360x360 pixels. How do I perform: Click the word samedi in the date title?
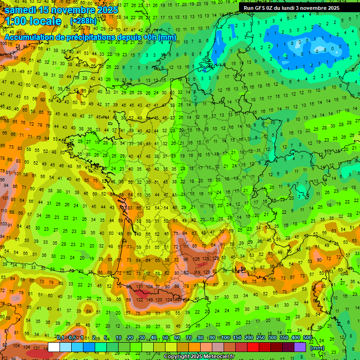21,9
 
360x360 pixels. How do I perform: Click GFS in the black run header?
261,8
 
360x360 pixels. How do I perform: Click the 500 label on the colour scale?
307,338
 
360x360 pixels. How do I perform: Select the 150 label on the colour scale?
237,338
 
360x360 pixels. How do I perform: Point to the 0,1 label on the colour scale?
60,338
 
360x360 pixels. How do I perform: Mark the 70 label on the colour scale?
188,338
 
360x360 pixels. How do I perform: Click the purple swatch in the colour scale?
300,347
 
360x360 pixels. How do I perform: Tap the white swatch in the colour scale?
54,347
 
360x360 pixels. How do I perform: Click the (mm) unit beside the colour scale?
317,348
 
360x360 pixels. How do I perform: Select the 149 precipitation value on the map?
150,300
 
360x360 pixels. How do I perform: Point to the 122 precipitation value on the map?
139,300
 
